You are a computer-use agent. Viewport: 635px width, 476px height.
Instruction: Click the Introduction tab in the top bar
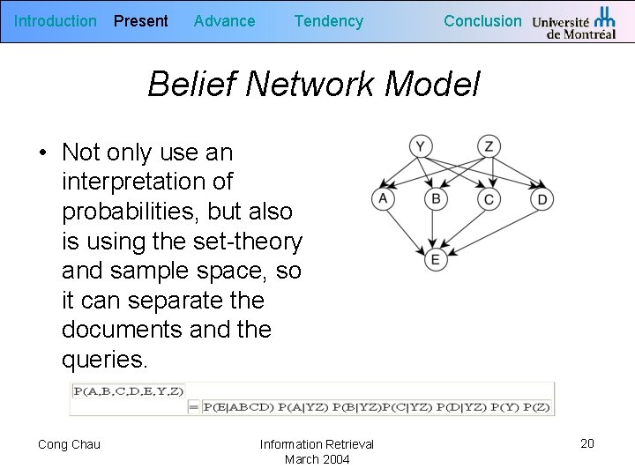click(56, 21)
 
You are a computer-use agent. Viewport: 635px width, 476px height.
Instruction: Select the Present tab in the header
click(141, 21)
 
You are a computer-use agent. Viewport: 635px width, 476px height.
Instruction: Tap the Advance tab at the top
click(224, 21)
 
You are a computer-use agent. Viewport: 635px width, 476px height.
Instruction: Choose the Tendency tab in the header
click(328, 21)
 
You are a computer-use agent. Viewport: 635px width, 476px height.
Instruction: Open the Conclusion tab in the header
click(482, 21)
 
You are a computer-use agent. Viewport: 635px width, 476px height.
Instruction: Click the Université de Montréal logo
click(574, 23)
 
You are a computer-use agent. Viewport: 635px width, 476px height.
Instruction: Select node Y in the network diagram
click(421, 145)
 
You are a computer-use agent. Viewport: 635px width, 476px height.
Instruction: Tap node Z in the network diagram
click(489, 145)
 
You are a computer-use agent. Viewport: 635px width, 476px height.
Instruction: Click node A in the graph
click(383, 199)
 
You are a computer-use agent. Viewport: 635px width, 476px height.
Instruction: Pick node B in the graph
click(435, 199)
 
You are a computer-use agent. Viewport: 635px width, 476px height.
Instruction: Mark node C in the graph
click(489, 200)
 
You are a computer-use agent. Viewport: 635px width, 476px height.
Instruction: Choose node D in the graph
click(542, 200)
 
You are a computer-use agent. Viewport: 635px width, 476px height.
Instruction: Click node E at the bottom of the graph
click(435, 259)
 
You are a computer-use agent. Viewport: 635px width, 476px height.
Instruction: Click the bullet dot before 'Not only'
click(42, 153)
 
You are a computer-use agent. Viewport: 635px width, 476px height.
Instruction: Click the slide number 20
click(587, 443)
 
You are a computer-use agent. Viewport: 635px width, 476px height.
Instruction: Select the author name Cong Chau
click(69, 444)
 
